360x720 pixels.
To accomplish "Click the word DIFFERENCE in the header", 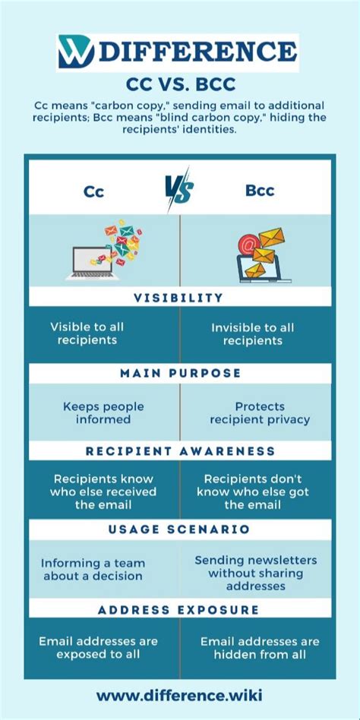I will [196, 52].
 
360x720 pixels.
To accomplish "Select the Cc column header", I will [93, 191].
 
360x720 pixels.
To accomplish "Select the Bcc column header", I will [260, 190].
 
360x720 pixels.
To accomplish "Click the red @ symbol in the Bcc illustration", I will [246, 245].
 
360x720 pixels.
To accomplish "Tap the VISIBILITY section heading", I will [179, 298].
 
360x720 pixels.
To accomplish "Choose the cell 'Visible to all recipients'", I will [87, 333].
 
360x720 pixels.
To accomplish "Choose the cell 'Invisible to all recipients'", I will [253, 333].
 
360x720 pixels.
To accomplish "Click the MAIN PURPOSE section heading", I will [179, 374].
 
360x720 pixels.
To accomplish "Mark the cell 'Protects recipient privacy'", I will [260, 412].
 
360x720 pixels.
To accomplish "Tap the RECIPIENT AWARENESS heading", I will [179, 451].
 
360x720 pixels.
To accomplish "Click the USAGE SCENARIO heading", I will [179, 529].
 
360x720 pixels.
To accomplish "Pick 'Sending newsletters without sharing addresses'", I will [256, 573].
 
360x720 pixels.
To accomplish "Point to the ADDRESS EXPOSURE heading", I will [179, 609].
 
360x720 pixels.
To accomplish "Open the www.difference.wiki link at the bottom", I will [179, 695].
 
